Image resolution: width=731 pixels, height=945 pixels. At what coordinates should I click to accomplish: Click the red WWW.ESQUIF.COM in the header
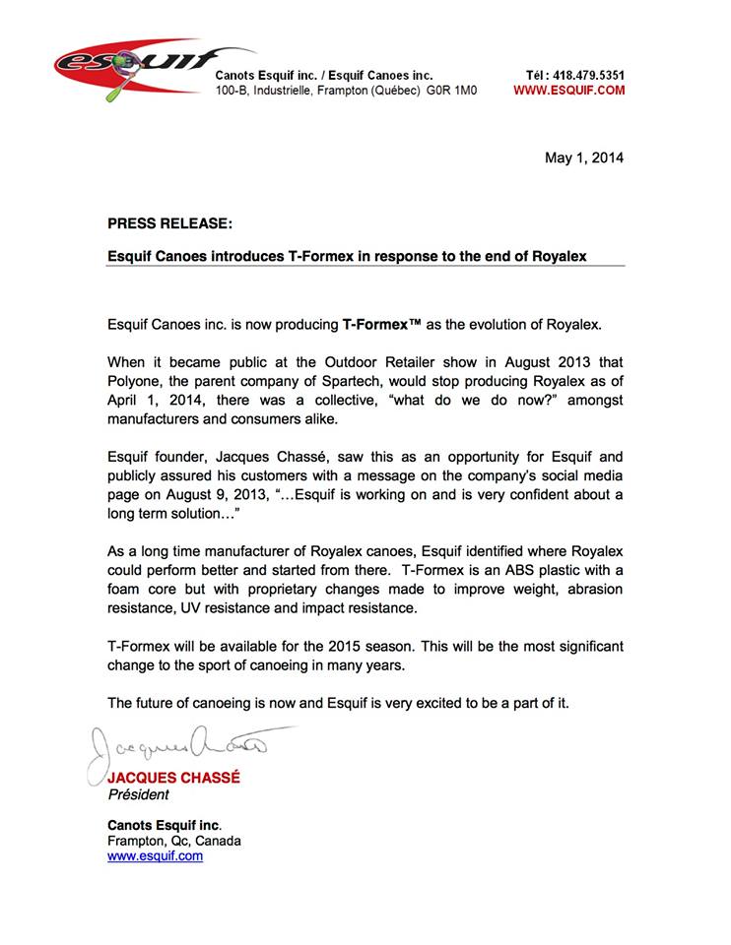[x=569, y=91]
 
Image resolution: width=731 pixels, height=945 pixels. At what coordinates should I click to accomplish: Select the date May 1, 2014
[x=584, y=157]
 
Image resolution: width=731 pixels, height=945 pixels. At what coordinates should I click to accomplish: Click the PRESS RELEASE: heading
[x=169, y=224]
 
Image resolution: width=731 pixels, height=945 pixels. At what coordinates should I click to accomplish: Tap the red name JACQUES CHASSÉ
[x=173, y=778]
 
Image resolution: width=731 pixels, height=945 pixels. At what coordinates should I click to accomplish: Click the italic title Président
[x=138, y=794]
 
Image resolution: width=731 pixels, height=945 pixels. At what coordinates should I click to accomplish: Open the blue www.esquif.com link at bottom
[x=155, y=856]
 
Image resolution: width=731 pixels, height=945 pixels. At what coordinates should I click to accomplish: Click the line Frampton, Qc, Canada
[x=173, y=841]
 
